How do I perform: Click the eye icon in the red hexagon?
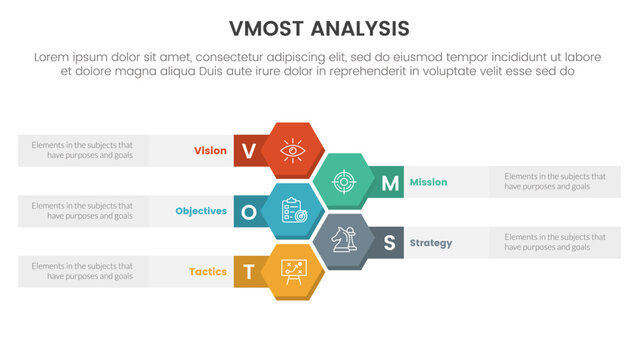click(x=291, y=151)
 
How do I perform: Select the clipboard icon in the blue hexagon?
click(x=291, y=211)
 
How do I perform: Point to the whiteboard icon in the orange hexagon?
click(x=291, y=270)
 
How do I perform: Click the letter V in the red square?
click(x=249, y=151)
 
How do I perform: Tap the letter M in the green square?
click(x=389, y=182)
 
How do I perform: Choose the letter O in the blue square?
click(x=249, y=211)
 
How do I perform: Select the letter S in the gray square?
click(x=389, y=242)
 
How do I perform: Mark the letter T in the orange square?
click(x=249, y=271)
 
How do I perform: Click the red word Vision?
click(x=210, y=151)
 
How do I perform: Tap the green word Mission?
click(x=428, y=182)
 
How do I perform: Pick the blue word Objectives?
click(x=201, y=211)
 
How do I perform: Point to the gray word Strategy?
click(x=431, y=242)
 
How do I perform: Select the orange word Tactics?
click(x=208, y=271)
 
